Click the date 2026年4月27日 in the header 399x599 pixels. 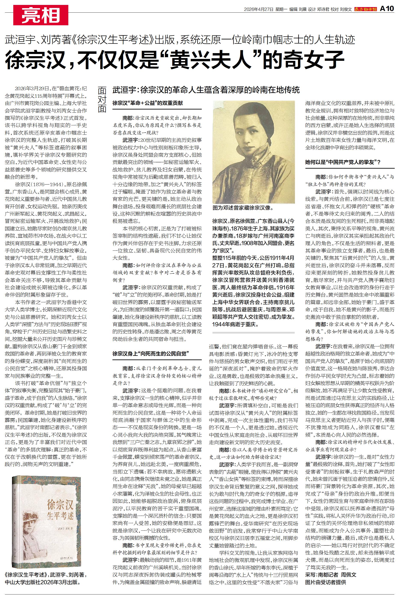coord(259,9)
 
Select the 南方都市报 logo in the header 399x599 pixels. coord(366,9)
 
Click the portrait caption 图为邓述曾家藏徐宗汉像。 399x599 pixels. coord(243,208)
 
